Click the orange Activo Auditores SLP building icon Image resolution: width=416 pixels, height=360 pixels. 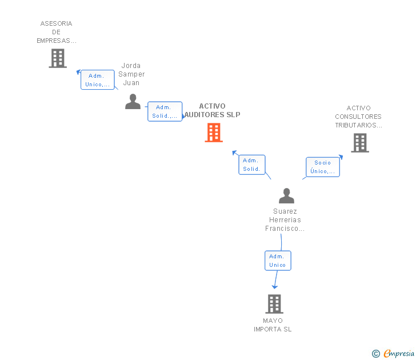214,133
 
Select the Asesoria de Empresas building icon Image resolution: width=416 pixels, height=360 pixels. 57,58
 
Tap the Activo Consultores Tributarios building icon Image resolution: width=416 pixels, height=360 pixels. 359,143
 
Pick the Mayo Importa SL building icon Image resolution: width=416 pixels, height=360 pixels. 274,304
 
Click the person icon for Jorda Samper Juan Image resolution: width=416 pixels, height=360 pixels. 133,102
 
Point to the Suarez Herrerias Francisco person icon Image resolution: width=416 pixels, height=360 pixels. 286,196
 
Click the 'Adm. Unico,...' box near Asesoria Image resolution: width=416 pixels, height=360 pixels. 98,80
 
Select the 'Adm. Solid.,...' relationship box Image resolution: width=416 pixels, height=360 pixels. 165,111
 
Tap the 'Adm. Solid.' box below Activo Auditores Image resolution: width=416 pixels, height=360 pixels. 252,165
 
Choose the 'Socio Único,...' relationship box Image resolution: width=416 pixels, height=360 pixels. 322,167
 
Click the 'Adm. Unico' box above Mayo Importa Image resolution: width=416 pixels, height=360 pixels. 278,261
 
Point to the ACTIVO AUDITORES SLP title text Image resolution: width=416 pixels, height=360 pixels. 213,110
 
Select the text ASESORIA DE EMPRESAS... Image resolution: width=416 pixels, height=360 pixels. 57,32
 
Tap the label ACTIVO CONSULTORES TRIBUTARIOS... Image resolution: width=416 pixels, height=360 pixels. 359,117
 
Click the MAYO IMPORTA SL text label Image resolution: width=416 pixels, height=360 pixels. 273,325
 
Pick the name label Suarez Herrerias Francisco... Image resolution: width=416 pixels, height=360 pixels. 285,220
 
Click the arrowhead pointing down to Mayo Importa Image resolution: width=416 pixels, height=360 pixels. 275,286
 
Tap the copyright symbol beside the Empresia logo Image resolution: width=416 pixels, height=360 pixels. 376,354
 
